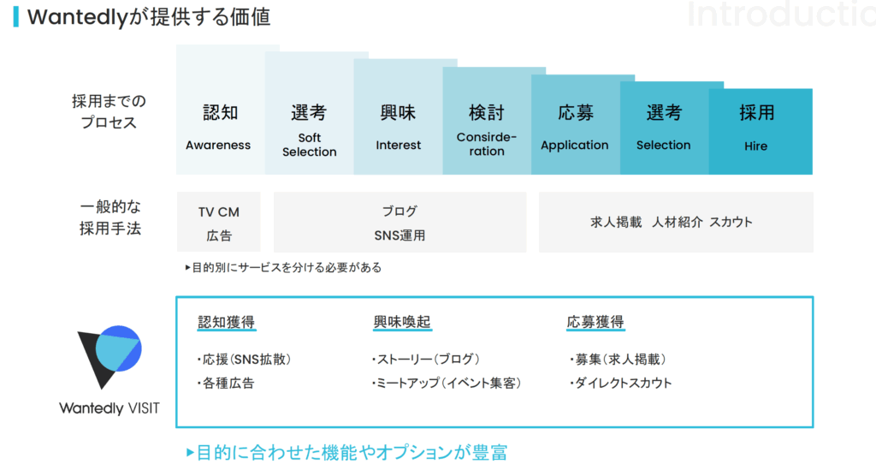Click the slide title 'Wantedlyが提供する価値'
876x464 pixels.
(x=149, y=17)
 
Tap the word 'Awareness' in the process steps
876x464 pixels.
(x=218, y=146)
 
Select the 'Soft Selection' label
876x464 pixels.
(x=310, y=145)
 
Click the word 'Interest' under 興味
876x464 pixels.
(x=398, y=146)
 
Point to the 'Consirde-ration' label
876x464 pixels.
(x=487, y=144)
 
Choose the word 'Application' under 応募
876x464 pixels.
(x=575, y=146)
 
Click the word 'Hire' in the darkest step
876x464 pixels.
(x=755, y=146)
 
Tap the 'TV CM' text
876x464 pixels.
(x=218, y=212)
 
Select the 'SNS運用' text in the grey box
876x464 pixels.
(x=400, y=236)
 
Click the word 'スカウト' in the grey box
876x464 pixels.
(x=731, y=222)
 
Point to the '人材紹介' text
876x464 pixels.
(x=678, y=222)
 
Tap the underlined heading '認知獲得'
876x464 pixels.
(x=226, y=322)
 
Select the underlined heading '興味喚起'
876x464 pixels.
(x=402, y=322)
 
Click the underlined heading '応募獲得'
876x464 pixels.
(x=595, y=322)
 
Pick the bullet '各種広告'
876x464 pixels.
(x=226, y=384)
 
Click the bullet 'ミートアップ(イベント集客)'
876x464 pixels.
(x=447, y=384)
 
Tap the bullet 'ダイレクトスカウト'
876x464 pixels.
(x=621, y=384)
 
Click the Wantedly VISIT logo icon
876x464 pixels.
(x=109, y=356)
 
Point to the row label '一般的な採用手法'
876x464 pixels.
(x=110, y=217)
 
